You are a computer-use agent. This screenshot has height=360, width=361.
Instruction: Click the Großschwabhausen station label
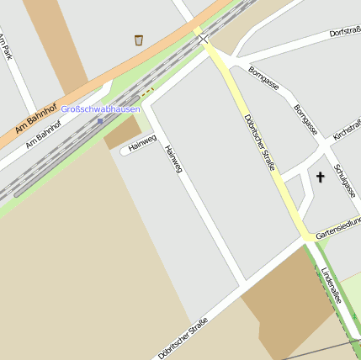(100, 109)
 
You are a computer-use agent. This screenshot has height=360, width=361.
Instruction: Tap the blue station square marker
(100, 120)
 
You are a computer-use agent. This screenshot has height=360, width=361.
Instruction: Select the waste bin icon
(138, 40)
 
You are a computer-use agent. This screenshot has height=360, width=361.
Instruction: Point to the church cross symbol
(320, 177)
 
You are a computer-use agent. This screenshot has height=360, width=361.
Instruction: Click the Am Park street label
(7, 46)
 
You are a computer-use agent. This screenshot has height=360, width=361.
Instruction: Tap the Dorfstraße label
(345, 33)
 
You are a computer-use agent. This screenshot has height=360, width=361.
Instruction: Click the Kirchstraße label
(347, 129)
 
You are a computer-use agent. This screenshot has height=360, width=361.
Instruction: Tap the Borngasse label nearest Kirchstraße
(306, 119)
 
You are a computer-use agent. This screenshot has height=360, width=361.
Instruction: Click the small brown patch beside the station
(123, 133)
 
